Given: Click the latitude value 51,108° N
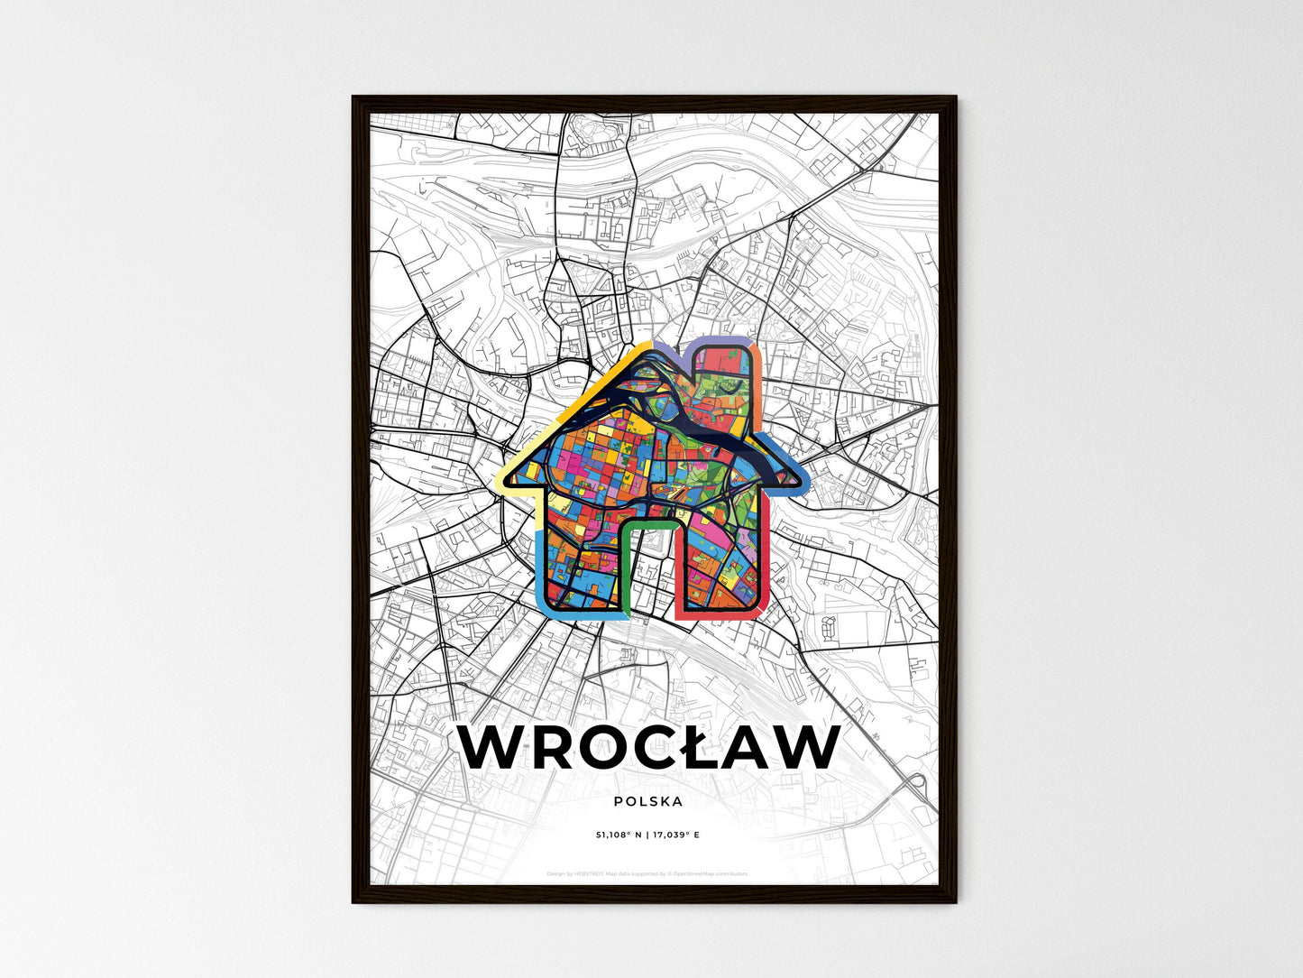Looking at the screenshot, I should coord(619,835).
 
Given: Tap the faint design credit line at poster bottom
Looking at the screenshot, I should coord(647,873).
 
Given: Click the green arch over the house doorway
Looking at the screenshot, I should coord(647,522).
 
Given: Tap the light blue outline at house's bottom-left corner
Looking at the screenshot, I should coord(543,595).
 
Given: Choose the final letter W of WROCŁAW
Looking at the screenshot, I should coord(799,748).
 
